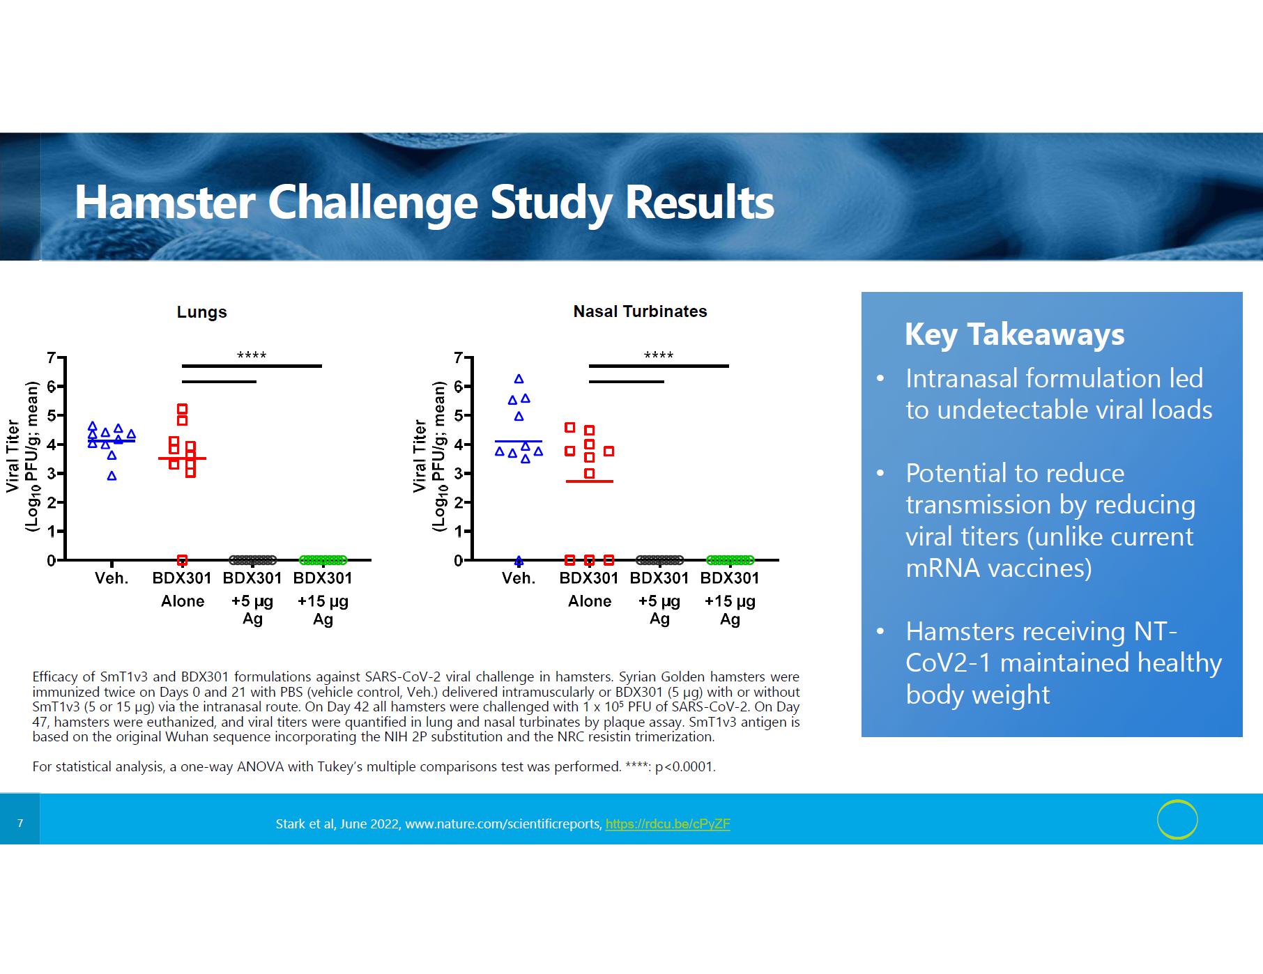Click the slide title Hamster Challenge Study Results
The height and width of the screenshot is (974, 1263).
coord(424,202)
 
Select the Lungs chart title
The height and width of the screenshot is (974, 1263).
coord(201,312)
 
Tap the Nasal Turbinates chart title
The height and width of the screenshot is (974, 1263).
coord(640,311)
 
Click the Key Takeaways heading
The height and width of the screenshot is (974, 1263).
coord(1014,334)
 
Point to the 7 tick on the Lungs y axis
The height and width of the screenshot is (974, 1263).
coord(51,358)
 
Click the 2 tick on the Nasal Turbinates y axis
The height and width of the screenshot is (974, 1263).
coord(458,502)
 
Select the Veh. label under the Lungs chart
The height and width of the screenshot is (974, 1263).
coord(112,578)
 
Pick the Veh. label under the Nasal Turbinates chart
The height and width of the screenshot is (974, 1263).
coord(519,578)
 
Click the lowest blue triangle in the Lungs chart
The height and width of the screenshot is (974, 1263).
coord(112,477)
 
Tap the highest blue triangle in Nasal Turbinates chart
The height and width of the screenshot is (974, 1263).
coord(519,379)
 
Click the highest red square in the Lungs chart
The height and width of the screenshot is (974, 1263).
coord(182,409)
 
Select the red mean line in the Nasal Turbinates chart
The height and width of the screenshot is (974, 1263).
coord(589,481)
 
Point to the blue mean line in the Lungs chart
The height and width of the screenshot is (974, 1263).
coord(112,440)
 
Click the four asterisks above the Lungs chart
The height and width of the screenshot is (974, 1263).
coord(252,355)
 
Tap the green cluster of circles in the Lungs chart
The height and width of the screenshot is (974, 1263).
coord(323,560)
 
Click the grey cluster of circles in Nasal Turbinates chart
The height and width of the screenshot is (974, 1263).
coord(659,560)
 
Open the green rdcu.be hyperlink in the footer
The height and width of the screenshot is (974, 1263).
coord(668,824)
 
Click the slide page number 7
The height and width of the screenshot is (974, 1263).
coord(20,824)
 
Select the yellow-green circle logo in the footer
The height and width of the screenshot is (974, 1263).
coord(1177,819)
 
